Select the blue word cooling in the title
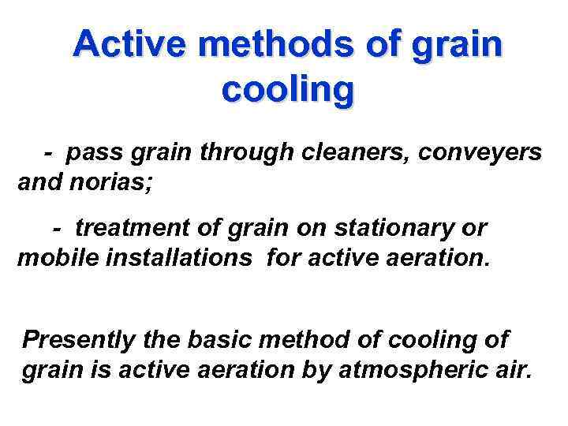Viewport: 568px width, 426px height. (x=288, y=91)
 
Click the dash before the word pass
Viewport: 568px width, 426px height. (x=49, y=152)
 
